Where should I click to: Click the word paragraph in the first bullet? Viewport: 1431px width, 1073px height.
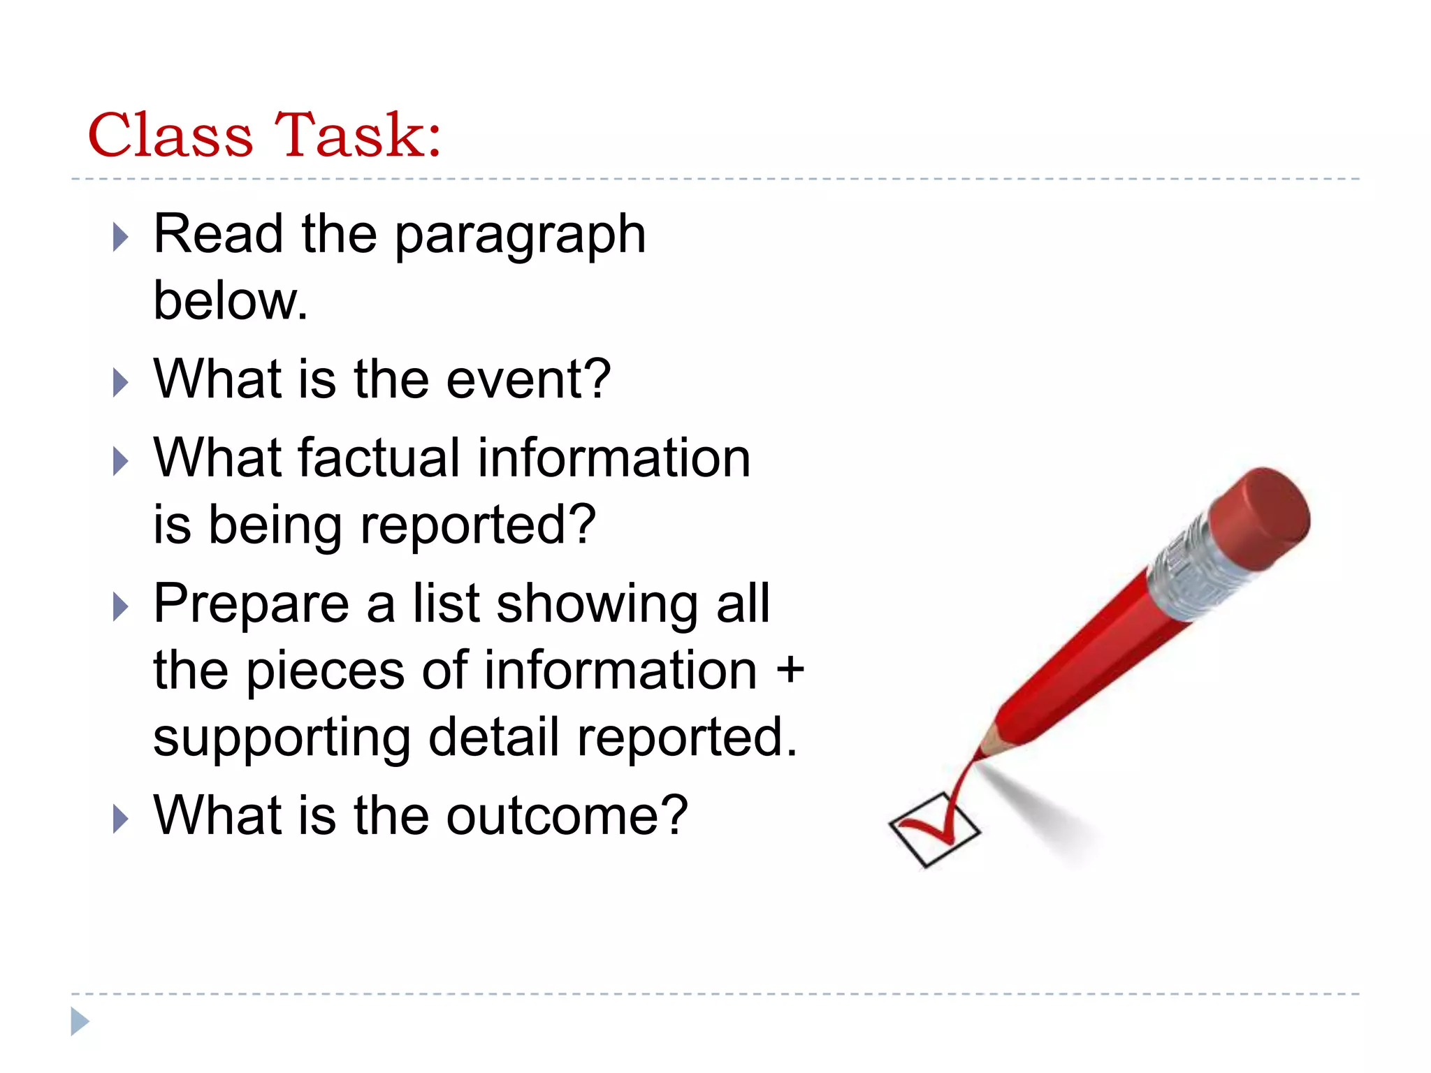point(520,236)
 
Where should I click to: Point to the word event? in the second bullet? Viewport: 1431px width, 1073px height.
point(528,379)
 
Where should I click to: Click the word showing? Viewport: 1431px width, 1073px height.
point(597,605)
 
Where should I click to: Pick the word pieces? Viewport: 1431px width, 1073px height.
point(326,671)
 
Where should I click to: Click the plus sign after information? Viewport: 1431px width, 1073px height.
point(790,669)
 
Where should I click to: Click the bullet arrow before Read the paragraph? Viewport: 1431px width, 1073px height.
point(121,238)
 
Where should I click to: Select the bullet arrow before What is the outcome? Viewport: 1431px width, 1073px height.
point(121,819)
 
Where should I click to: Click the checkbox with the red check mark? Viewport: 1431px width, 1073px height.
point(934,830)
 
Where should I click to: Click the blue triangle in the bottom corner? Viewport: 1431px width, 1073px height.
point(80,1021)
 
